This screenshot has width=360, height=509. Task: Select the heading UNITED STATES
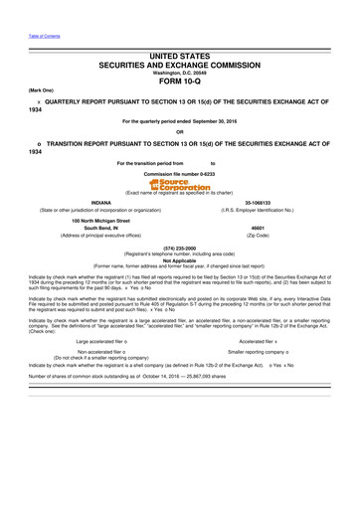[180, 60]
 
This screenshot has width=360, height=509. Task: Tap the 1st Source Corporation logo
[180, 185]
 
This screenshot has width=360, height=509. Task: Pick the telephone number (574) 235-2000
[180, 247]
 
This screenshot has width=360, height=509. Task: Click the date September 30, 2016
[212, 120]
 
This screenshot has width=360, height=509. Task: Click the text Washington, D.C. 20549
[180, 73]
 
